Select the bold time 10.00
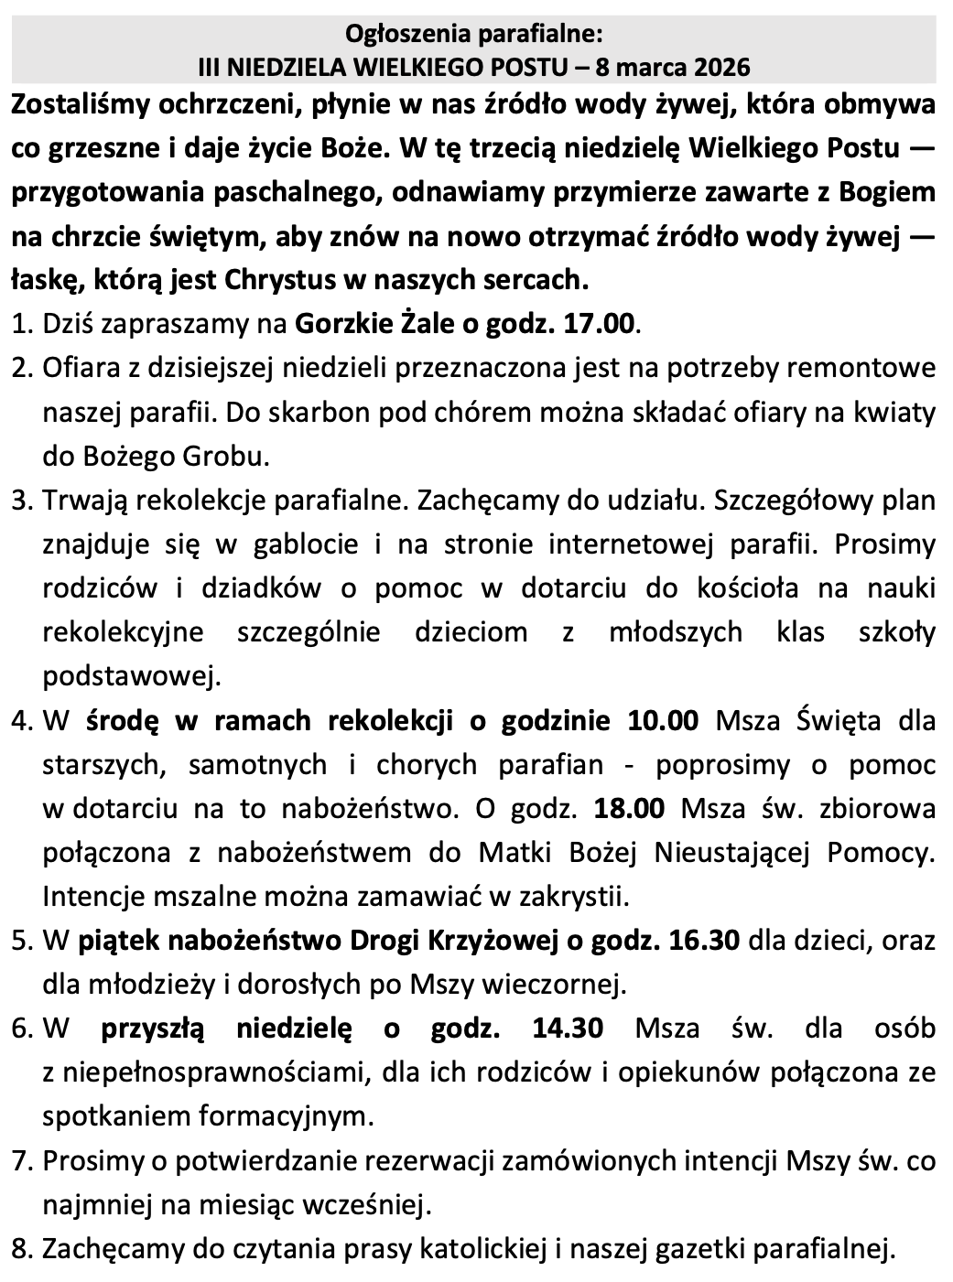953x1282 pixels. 663,720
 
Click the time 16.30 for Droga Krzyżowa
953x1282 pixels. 705,940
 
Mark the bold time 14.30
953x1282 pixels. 567,1028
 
